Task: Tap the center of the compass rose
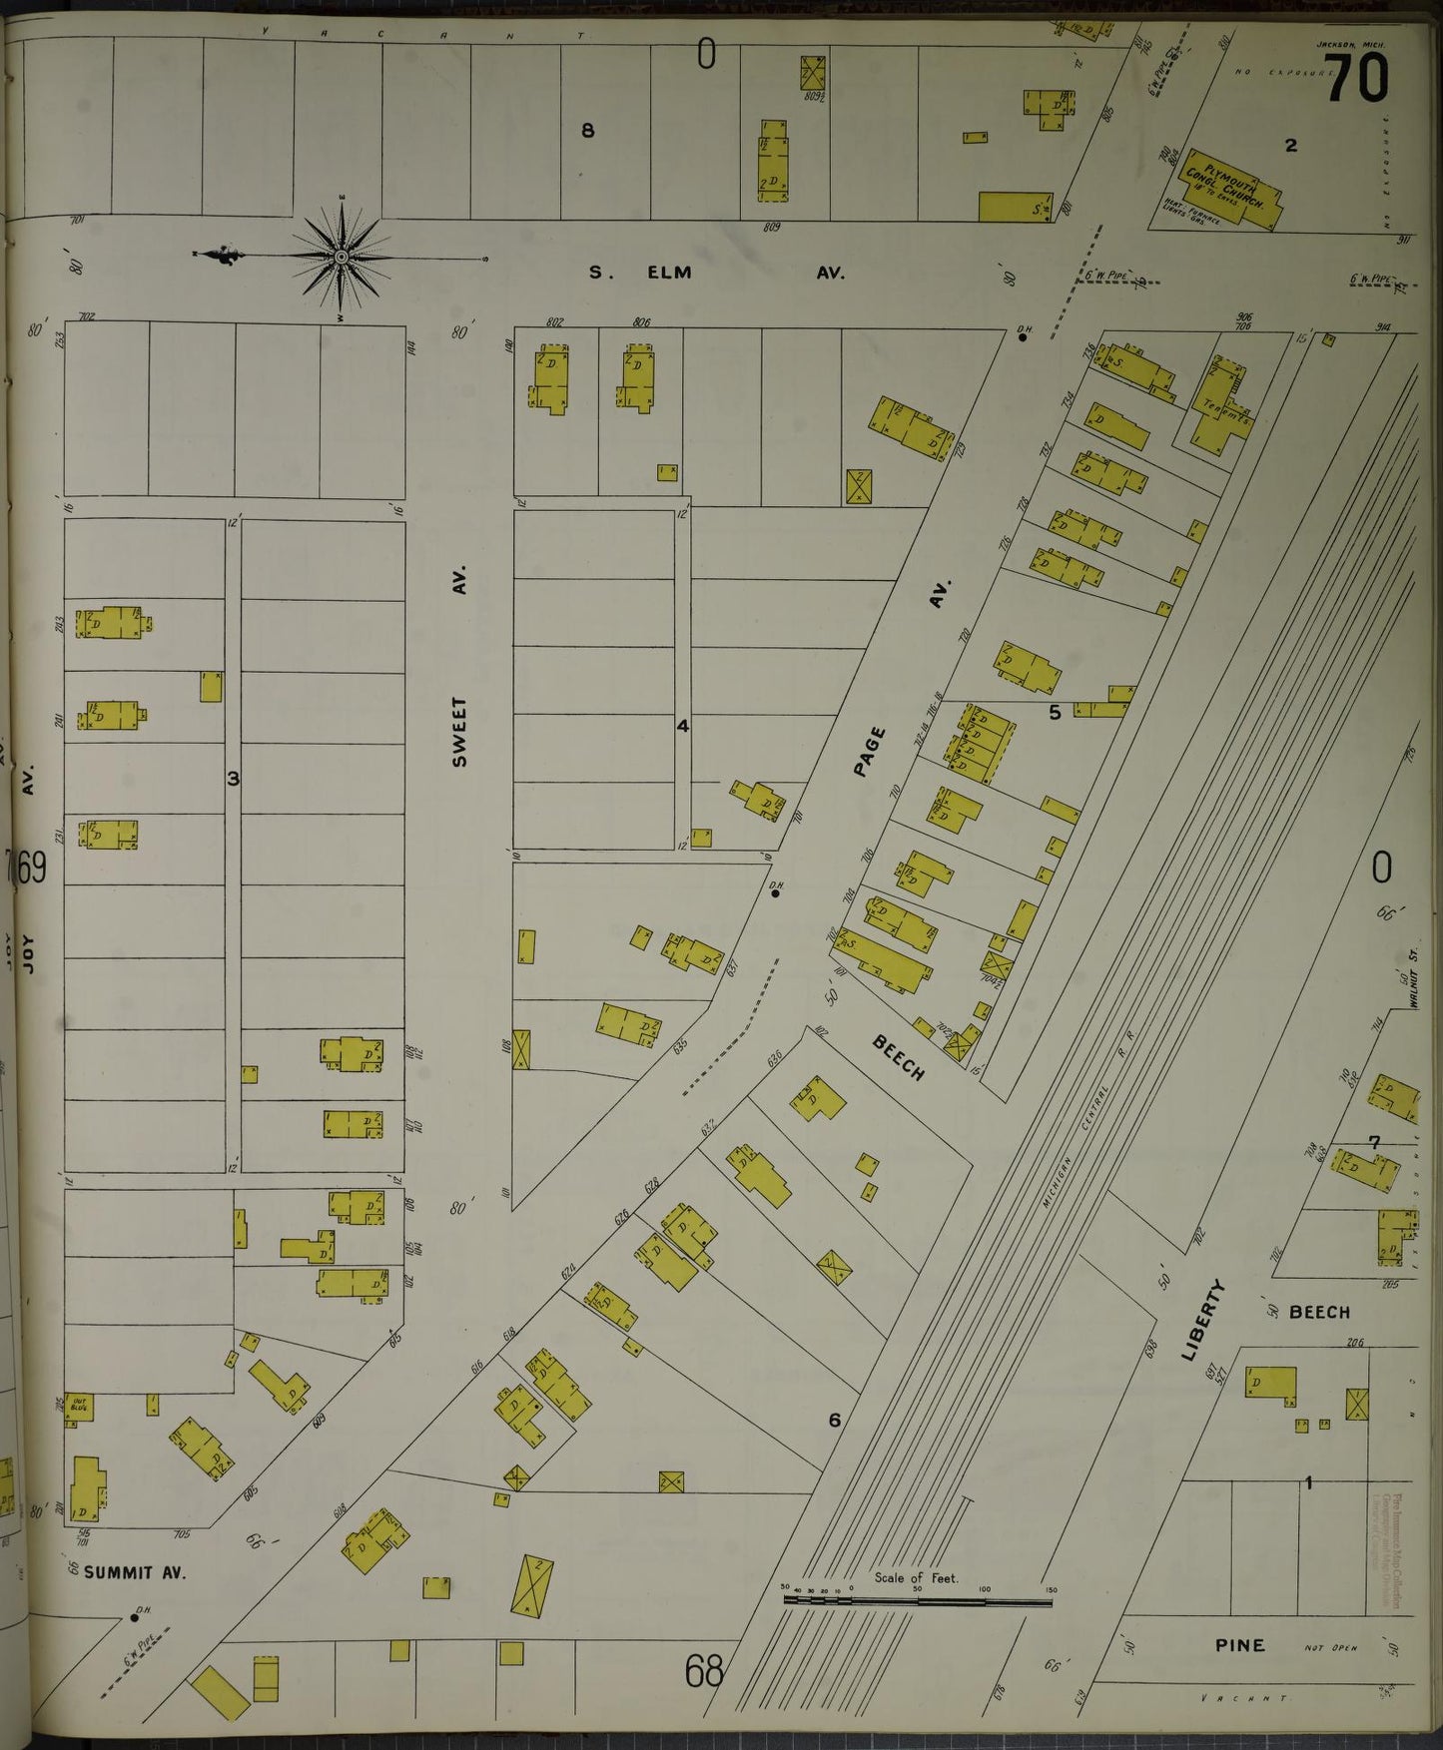pos(342,258)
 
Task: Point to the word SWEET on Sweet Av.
pos(459,732)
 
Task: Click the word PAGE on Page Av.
pos(871,751)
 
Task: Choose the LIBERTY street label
pos(1205,1320)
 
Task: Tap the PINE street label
pos(1239,1645)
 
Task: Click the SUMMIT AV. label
pos(134,1572)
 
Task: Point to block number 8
pos(588,130)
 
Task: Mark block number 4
pos(682,726)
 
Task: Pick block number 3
pos(233,778)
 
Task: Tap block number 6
pos(834,1420)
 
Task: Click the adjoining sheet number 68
pos(703,1670)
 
